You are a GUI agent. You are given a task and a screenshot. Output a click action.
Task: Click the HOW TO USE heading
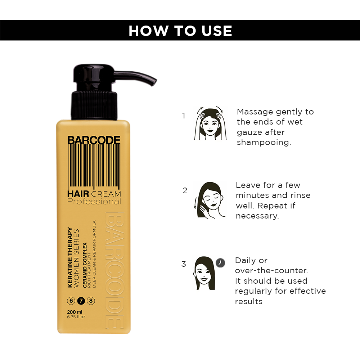pyautogui.click(x=180, y=31)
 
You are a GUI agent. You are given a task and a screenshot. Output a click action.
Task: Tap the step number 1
pyautogui.click(x=184, y=116)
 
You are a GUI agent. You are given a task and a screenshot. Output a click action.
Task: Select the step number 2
pyautogui.click(x=185, y=190)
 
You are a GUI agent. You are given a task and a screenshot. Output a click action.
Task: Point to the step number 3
pyautogui.click(x=184, y=264)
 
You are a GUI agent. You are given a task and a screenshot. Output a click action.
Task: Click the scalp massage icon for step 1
pyautogui.click(x=210, y=123)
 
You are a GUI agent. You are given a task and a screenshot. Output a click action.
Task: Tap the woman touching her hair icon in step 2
pyautogui.click(x=210, y=200)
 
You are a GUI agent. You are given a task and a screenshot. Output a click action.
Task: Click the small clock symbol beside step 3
pyautogui.click(x=220, y=263)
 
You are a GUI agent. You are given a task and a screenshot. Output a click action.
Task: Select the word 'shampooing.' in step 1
pyautogui.click(x=264, y=143)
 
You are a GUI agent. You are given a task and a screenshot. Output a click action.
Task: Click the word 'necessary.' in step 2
pyautogui.click(x=257, y=216)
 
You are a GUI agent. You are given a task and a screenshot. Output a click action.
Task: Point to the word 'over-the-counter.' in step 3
pyautogui.click(x=271, y=270)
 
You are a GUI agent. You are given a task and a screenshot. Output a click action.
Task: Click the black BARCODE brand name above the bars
pyautogui.click(x=94, y=140)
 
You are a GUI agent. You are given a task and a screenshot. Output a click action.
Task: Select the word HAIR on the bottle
pyautogui.click(x=78, y=194)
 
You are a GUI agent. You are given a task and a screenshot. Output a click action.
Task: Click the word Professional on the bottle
pyautogui.click(x=94, y=202)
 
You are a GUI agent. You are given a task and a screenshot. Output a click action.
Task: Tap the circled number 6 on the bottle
pyautogui.click(x=71, y=301)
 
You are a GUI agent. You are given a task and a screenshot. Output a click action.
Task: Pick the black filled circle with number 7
pyautogui.click(x=81, y=301)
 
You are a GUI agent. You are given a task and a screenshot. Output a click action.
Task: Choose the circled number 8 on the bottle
pyautogui.click(x=91, y=301)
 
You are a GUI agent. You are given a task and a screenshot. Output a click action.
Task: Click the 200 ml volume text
pyautogui.click(x=75, y=312)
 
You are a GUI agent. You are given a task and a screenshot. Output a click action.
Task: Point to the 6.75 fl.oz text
pyautogui.click(x=76, y=317)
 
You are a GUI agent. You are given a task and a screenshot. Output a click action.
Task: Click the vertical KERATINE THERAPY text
pyautogui.click(x=70, y=257)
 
